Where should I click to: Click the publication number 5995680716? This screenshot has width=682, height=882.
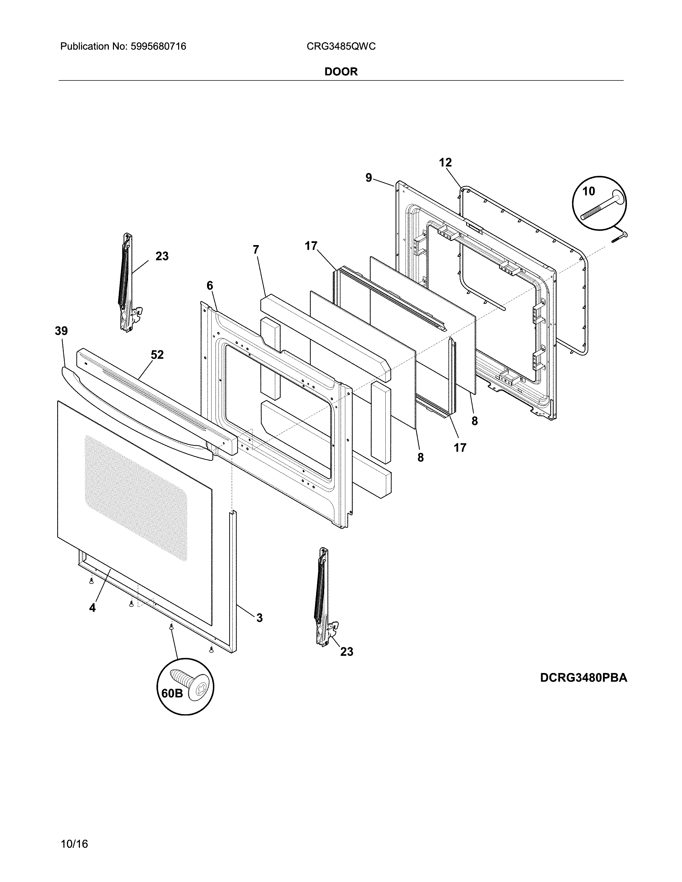[x=158, y=47]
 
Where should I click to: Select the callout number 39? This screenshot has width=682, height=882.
[x=62, y=331]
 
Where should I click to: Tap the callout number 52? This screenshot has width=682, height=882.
[x=157, y=355]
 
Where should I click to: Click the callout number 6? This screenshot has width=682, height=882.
[x=209, y=285]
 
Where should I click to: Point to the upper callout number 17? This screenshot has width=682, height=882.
[x=311, y=246]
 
